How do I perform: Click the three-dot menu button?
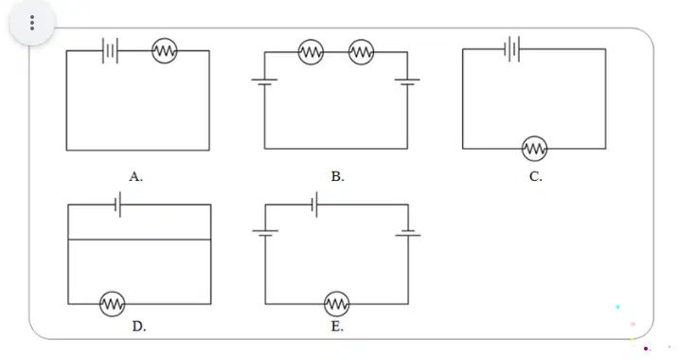pos(32,23)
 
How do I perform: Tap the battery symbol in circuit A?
pos(110,51)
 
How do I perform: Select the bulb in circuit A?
pos(165,51)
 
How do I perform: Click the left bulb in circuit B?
pos(311,52)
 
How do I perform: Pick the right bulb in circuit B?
pos(361,52)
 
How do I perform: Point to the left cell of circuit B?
pos(264,81)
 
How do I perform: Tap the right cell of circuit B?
pos(407,81)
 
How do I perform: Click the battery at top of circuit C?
pos(512,49)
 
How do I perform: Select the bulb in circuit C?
pos(534,149)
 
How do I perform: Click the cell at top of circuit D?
pos(117,205)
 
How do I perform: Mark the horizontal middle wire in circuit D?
pos(139,239)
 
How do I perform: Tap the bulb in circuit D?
pos(113,304)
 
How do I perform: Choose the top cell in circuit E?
pos(314,205)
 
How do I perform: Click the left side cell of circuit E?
pos(265,233)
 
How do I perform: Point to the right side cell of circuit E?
pos(408,233)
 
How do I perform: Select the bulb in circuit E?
pos(336,304)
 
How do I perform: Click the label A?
pos(136,177)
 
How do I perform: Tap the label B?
pos(338,177)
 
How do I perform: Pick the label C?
pos(536,177)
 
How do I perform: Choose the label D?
pos(139,326)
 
